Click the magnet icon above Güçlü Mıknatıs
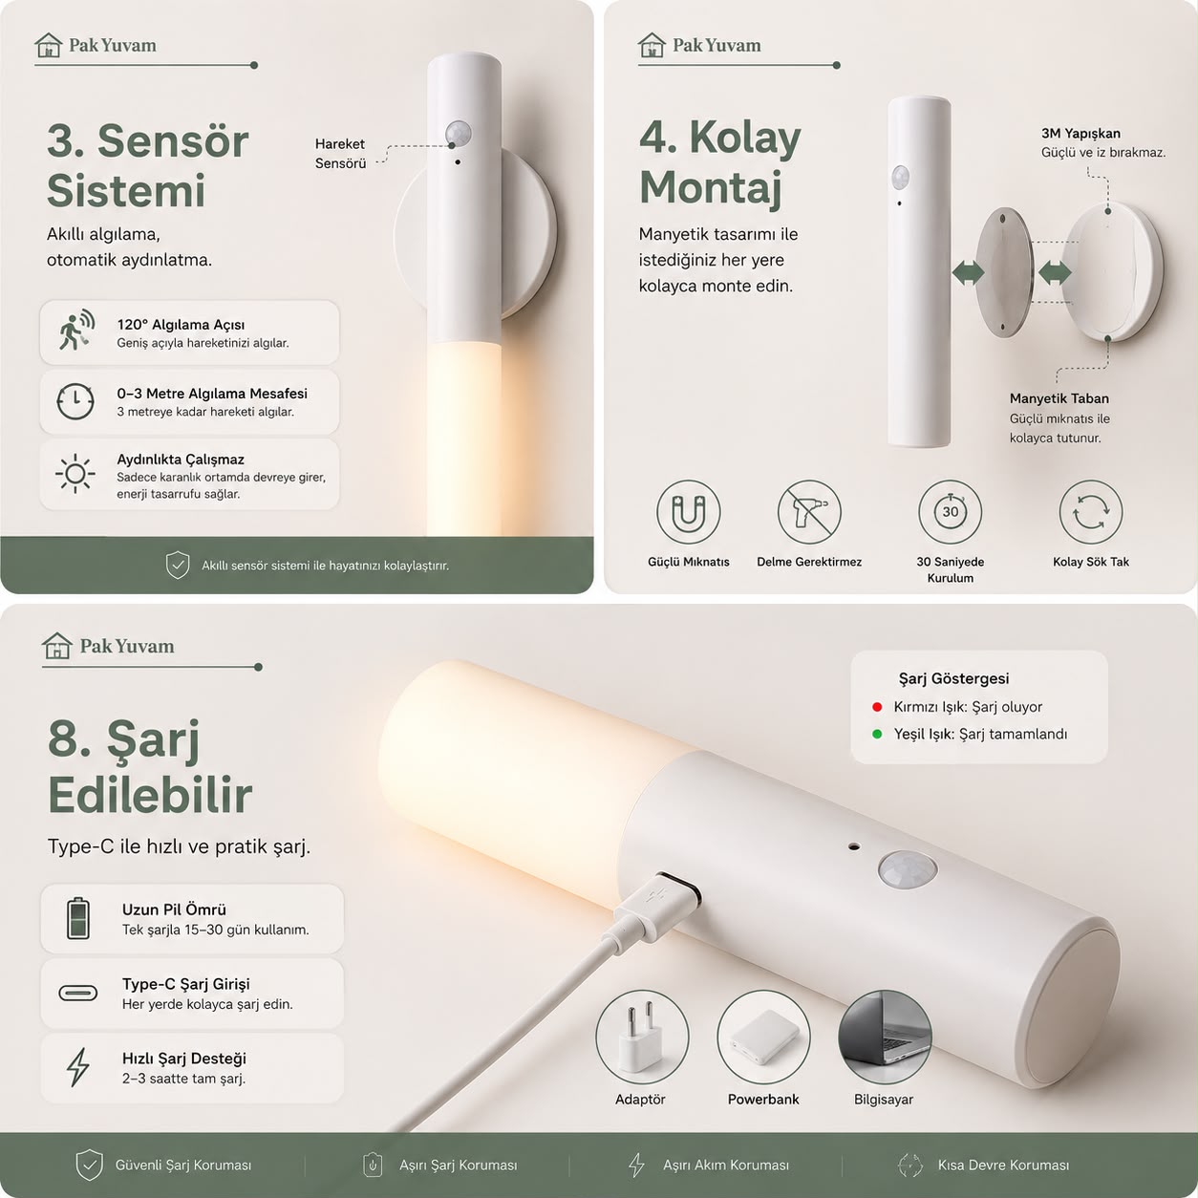click(688, 512)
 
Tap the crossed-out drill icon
click(809, 512)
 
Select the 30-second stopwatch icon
click(950, 512)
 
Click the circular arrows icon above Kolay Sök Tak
click(1090, 512)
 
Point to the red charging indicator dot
click(877, 707)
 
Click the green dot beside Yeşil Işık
click(877, 735)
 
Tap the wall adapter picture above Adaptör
click(642, 1037)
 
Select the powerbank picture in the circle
click(763, 1037)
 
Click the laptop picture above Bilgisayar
click(885, 1037)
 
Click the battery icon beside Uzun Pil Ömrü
click(77, 918)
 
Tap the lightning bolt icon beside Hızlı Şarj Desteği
click(77, 1067)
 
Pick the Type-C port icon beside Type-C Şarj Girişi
click(77, 993)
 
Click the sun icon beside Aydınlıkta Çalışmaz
click(75, 475)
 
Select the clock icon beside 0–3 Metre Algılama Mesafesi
click(75, 401)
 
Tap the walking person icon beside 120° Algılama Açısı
click(76, 331)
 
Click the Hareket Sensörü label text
click(340, 154)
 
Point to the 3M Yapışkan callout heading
click(1080, 133)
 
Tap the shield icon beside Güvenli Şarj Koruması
click(89, 1165)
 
